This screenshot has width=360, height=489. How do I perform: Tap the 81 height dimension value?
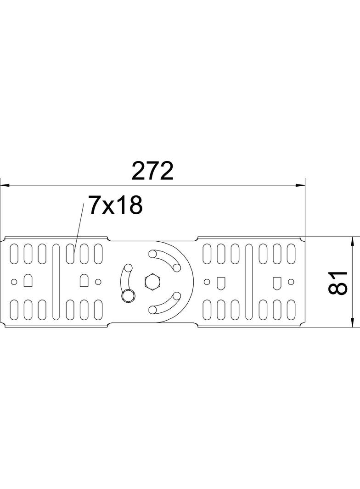[340, 282]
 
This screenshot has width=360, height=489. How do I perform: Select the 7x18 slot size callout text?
[115, 206]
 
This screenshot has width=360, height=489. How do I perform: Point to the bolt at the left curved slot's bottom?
[127, 296]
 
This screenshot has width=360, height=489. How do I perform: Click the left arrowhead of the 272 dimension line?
[5, 185]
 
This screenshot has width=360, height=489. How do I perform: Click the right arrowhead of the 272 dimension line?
[300, 185]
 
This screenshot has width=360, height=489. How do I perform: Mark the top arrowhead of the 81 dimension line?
[352, 241]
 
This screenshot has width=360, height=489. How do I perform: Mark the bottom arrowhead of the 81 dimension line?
[352, 323]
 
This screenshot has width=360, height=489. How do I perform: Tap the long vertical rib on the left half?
[56, 281]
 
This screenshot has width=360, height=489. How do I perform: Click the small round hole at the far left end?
[14, 281]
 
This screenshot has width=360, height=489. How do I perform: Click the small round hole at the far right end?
[291, 281]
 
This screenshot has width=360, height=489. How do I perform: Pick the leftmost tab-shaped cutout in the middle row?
[28, 280]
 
